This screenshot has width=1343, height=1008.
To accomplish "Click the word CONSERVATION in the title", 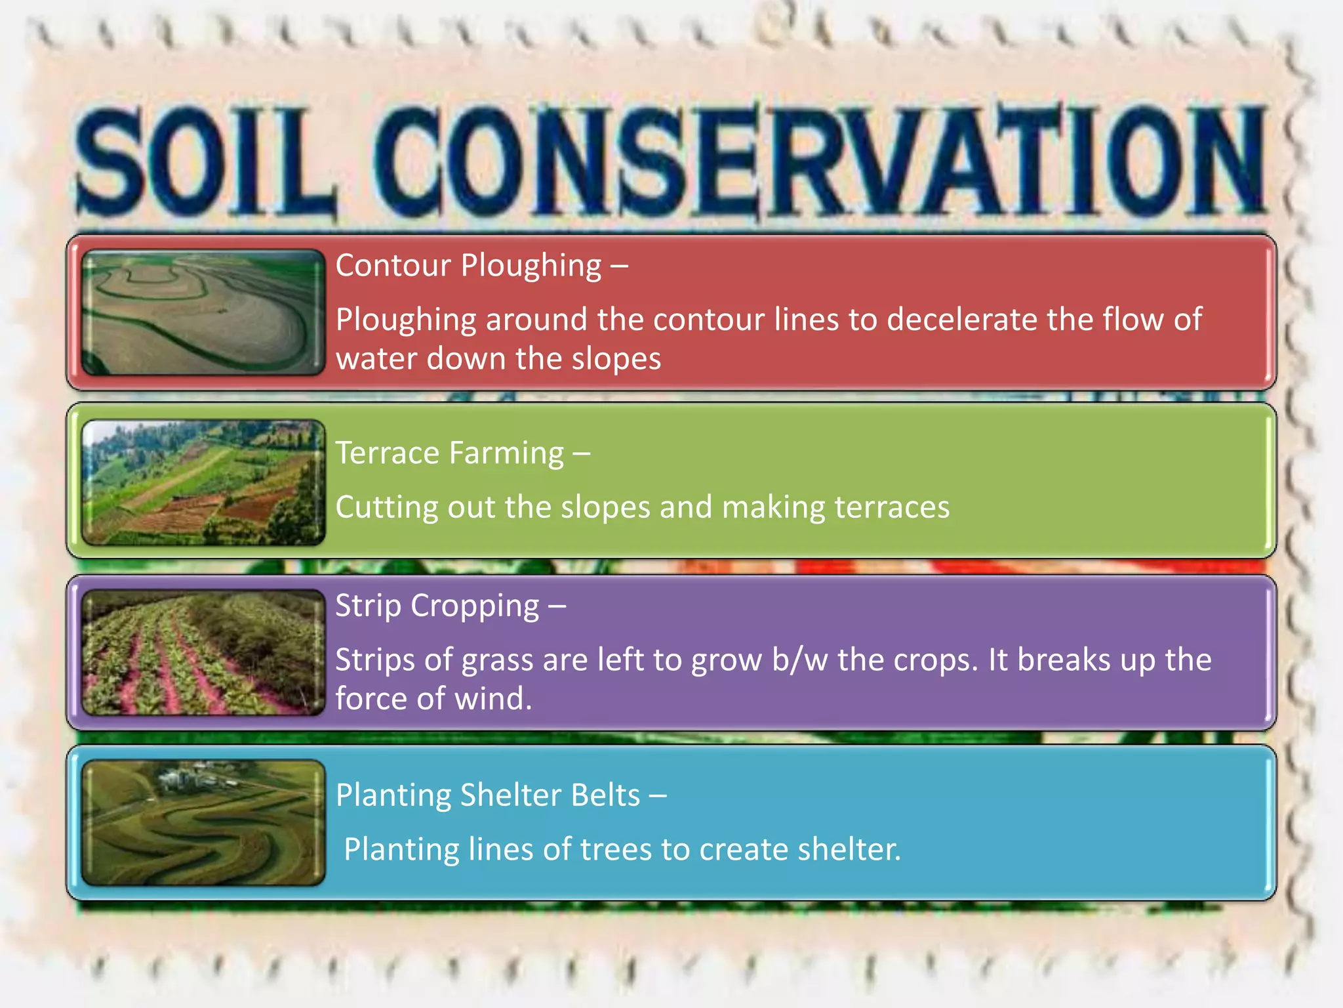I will [820, 161].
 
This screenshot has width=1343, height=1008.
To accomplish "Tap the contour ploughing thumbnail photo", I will [203, 312].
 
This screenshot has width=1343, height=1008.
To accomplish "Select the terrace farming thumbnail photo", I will [203, 482].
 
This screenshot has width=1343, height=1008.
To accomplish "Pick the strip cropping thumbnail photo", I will [203, 652].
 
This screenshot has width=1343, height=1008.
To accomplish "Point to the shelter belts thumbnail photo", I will [203, 822].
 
